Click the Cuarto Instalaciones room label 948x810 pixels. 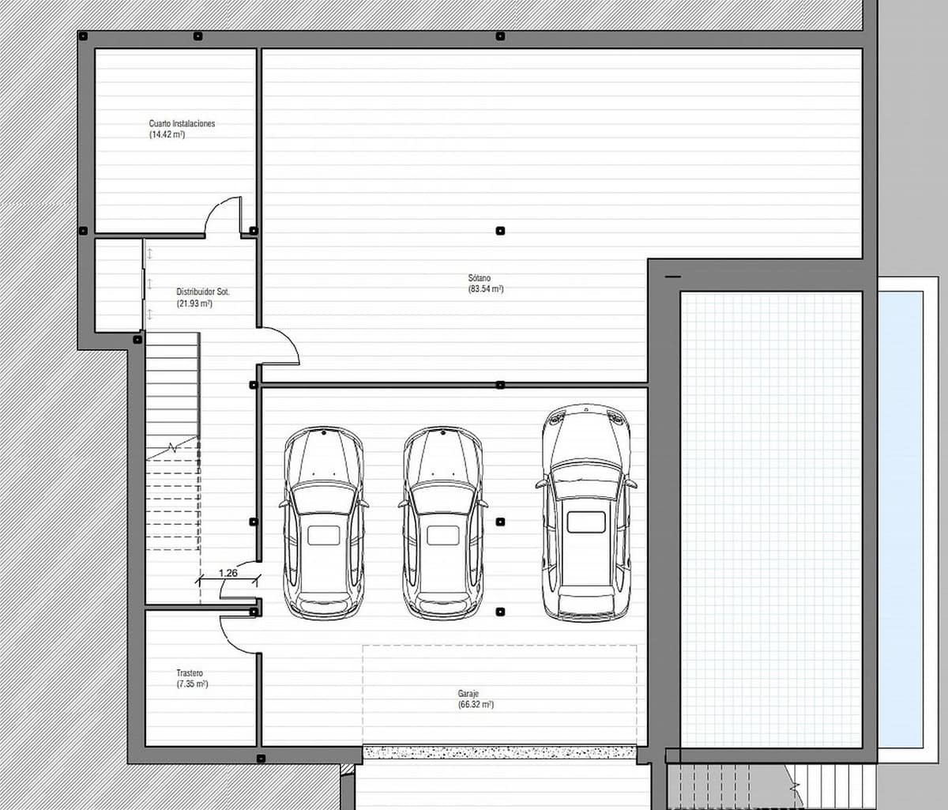pos(182,123)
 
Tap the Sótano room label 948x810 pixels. pos(479,278)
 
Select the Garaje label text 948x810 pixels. pos(468,694)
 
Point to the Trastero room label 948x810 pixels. pos(190,673)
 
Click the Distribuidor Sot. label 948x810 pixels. pos(203,292)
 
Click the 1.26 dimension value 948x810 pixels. pos(228,572)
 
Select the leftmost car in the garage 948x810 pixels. pos(323,522)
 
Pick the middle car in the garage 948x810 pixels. pos(442,522)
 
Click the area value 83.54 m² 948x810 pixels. pos(486,289)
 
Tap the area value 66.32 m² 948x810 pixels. pos(476,704)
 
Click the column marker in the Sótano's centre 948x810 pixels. pos(500,231)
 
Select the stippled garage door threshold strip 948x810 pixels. pos(499,752)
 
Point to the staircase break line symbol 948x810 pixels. pos(171,447)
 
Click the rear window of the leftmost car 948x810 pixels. pos(323,535)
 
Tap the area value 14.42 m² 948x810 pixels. pos(167,134)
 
